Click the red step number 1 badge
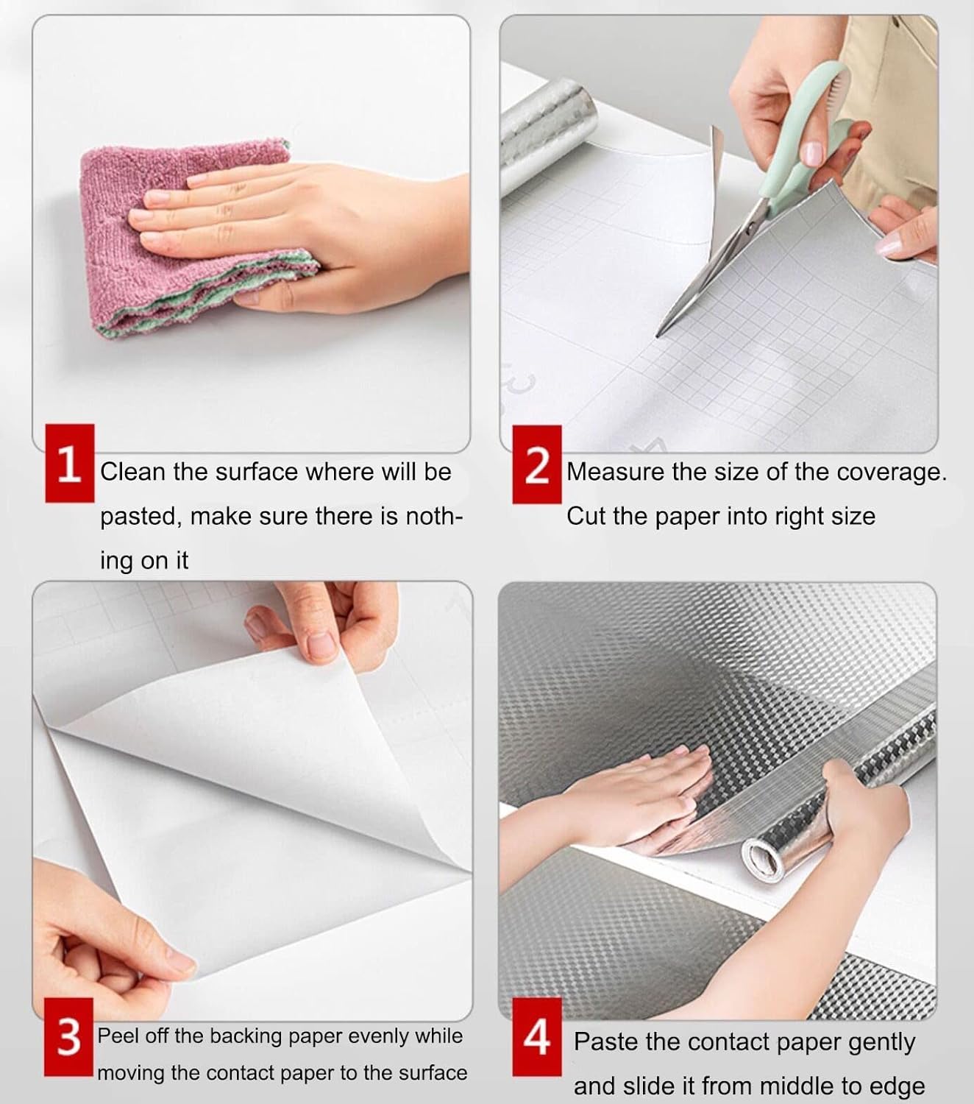[x=69, y=464]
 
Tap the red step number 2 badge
[x=536, y=464]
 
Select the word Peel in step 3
[x=118, y=1036]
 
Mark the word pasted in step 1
[x=138, y=517]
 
